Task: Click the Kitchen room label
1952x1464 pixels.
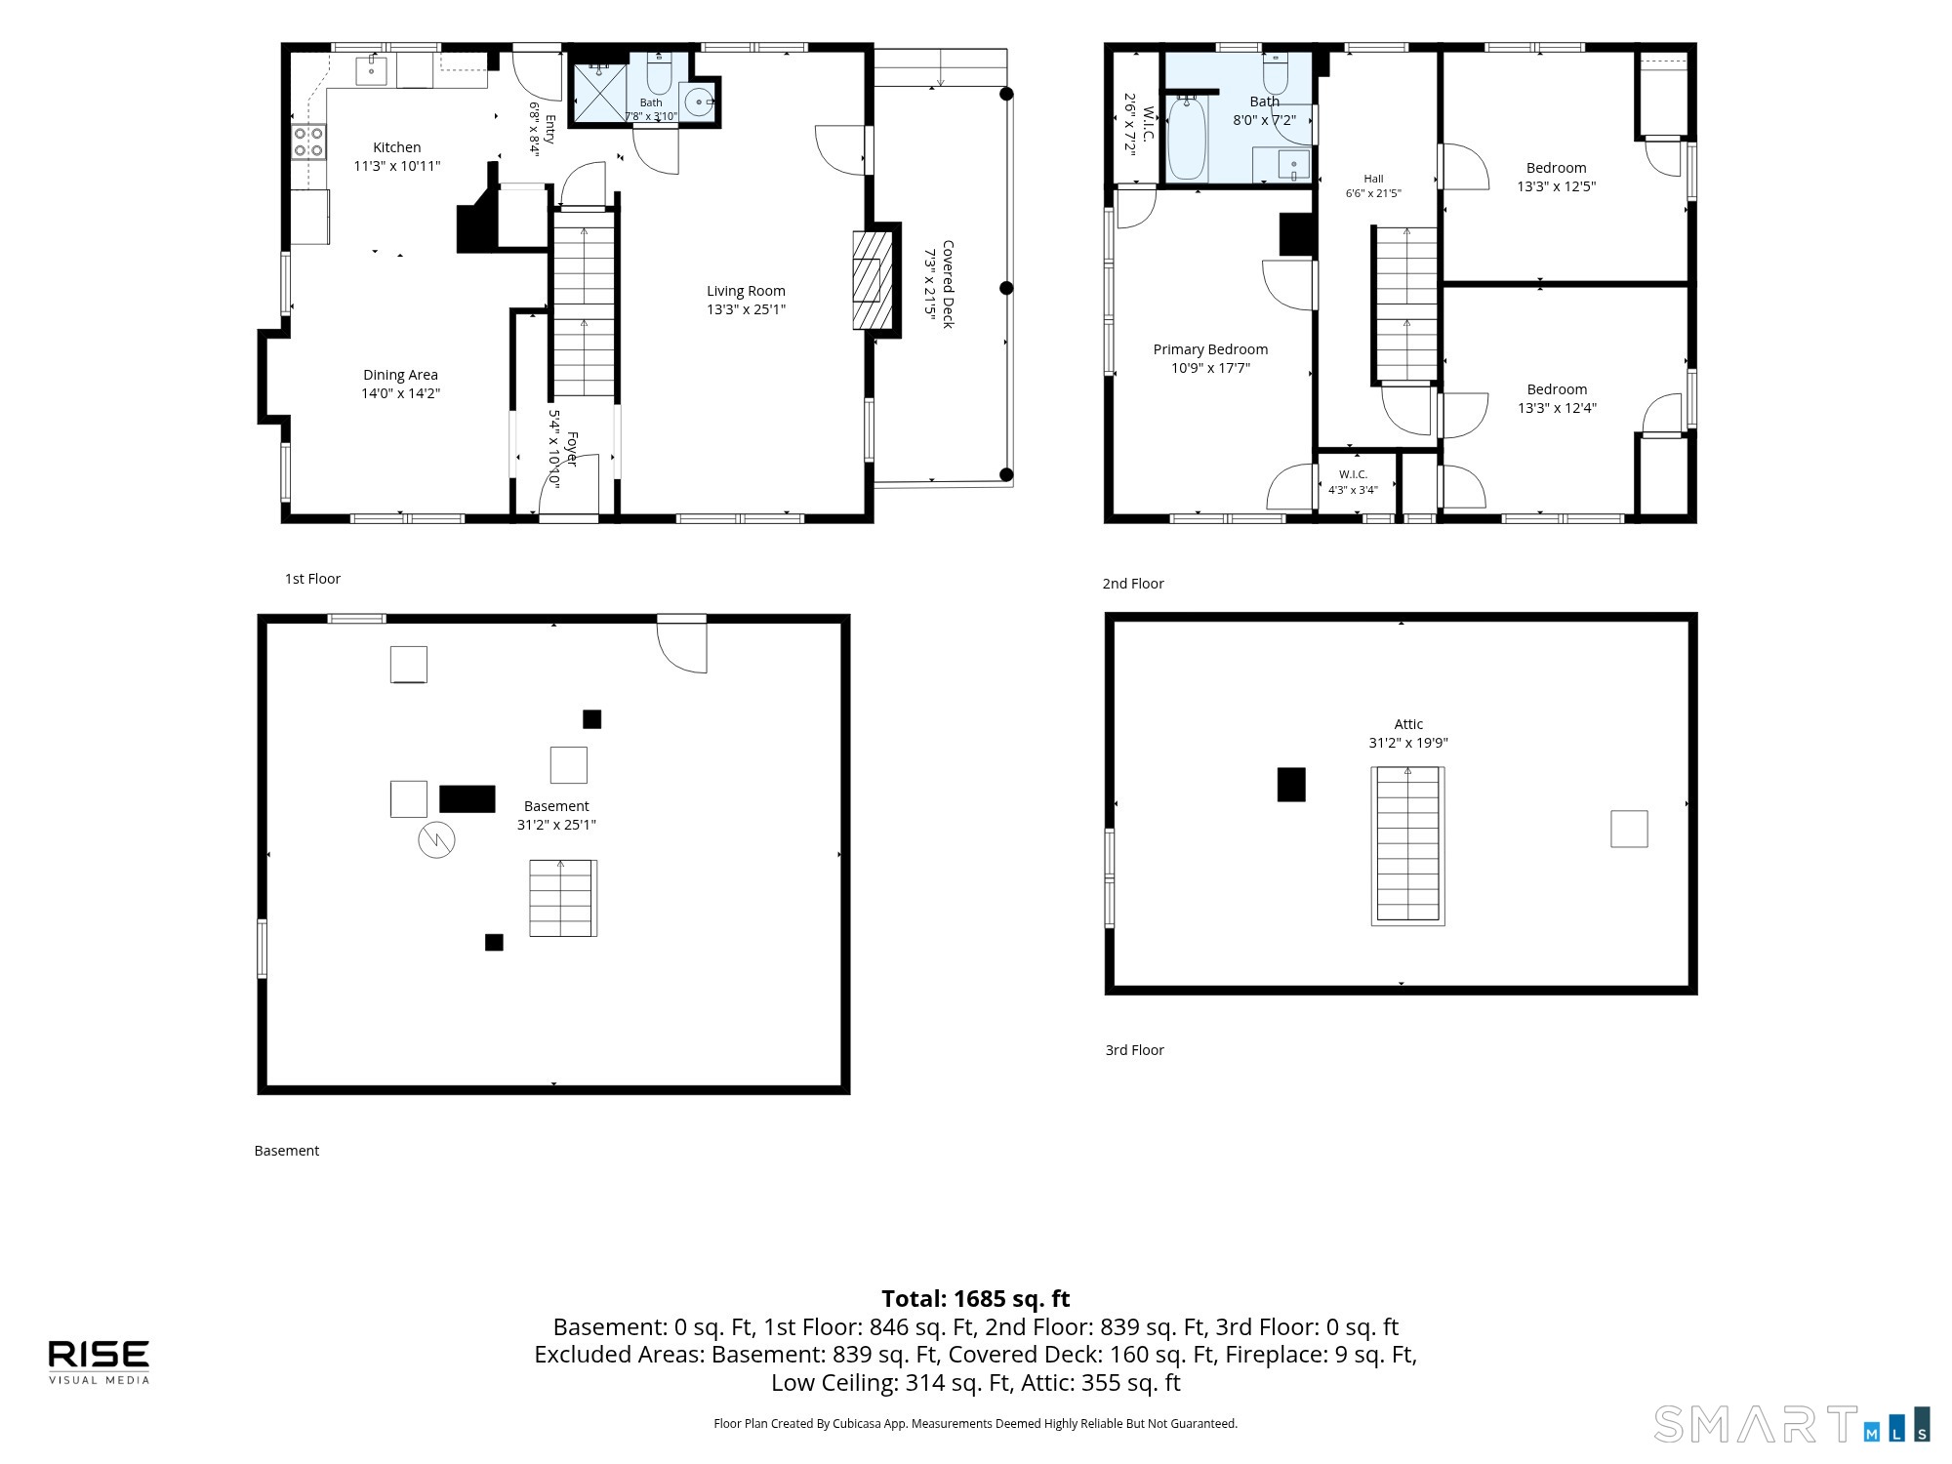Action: (397, 147)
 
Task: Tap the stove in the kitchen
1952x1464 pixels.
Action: (309, 142)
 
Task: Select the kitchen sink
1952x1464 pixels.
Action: (371, 70)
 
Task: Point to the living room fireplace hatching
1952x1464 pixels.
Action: (873, 280)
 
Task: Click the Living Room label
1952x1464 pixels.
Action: (746, 291)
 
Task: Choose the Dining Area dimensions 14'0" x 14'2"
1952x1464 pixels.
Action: (401, 393)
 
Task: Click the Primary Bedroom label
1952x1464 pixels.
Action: (1210, 349)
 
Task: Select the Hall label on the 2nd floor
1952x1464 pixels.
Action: (1373, 179)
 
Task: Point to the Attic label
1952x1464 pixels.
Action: (1408, 724)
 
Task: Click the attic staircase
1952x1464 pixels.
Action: (1407, 845)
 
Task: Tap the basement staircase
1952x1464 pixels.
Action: (563, 898)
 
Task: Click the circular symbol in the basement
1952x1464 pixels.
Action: (436, 840)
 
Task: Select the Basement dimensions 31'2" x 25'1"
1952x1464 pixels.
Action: (556, 825)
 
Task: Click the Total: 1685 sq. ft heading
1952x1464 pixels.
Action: (976, 1299)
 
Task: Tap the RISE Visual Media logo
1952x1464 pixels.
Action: (100, 1362)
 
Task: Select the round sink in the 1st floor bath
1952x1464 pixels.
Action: (698, 102)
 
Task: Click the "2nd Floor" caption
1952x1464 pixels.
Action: (1133, 584)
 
